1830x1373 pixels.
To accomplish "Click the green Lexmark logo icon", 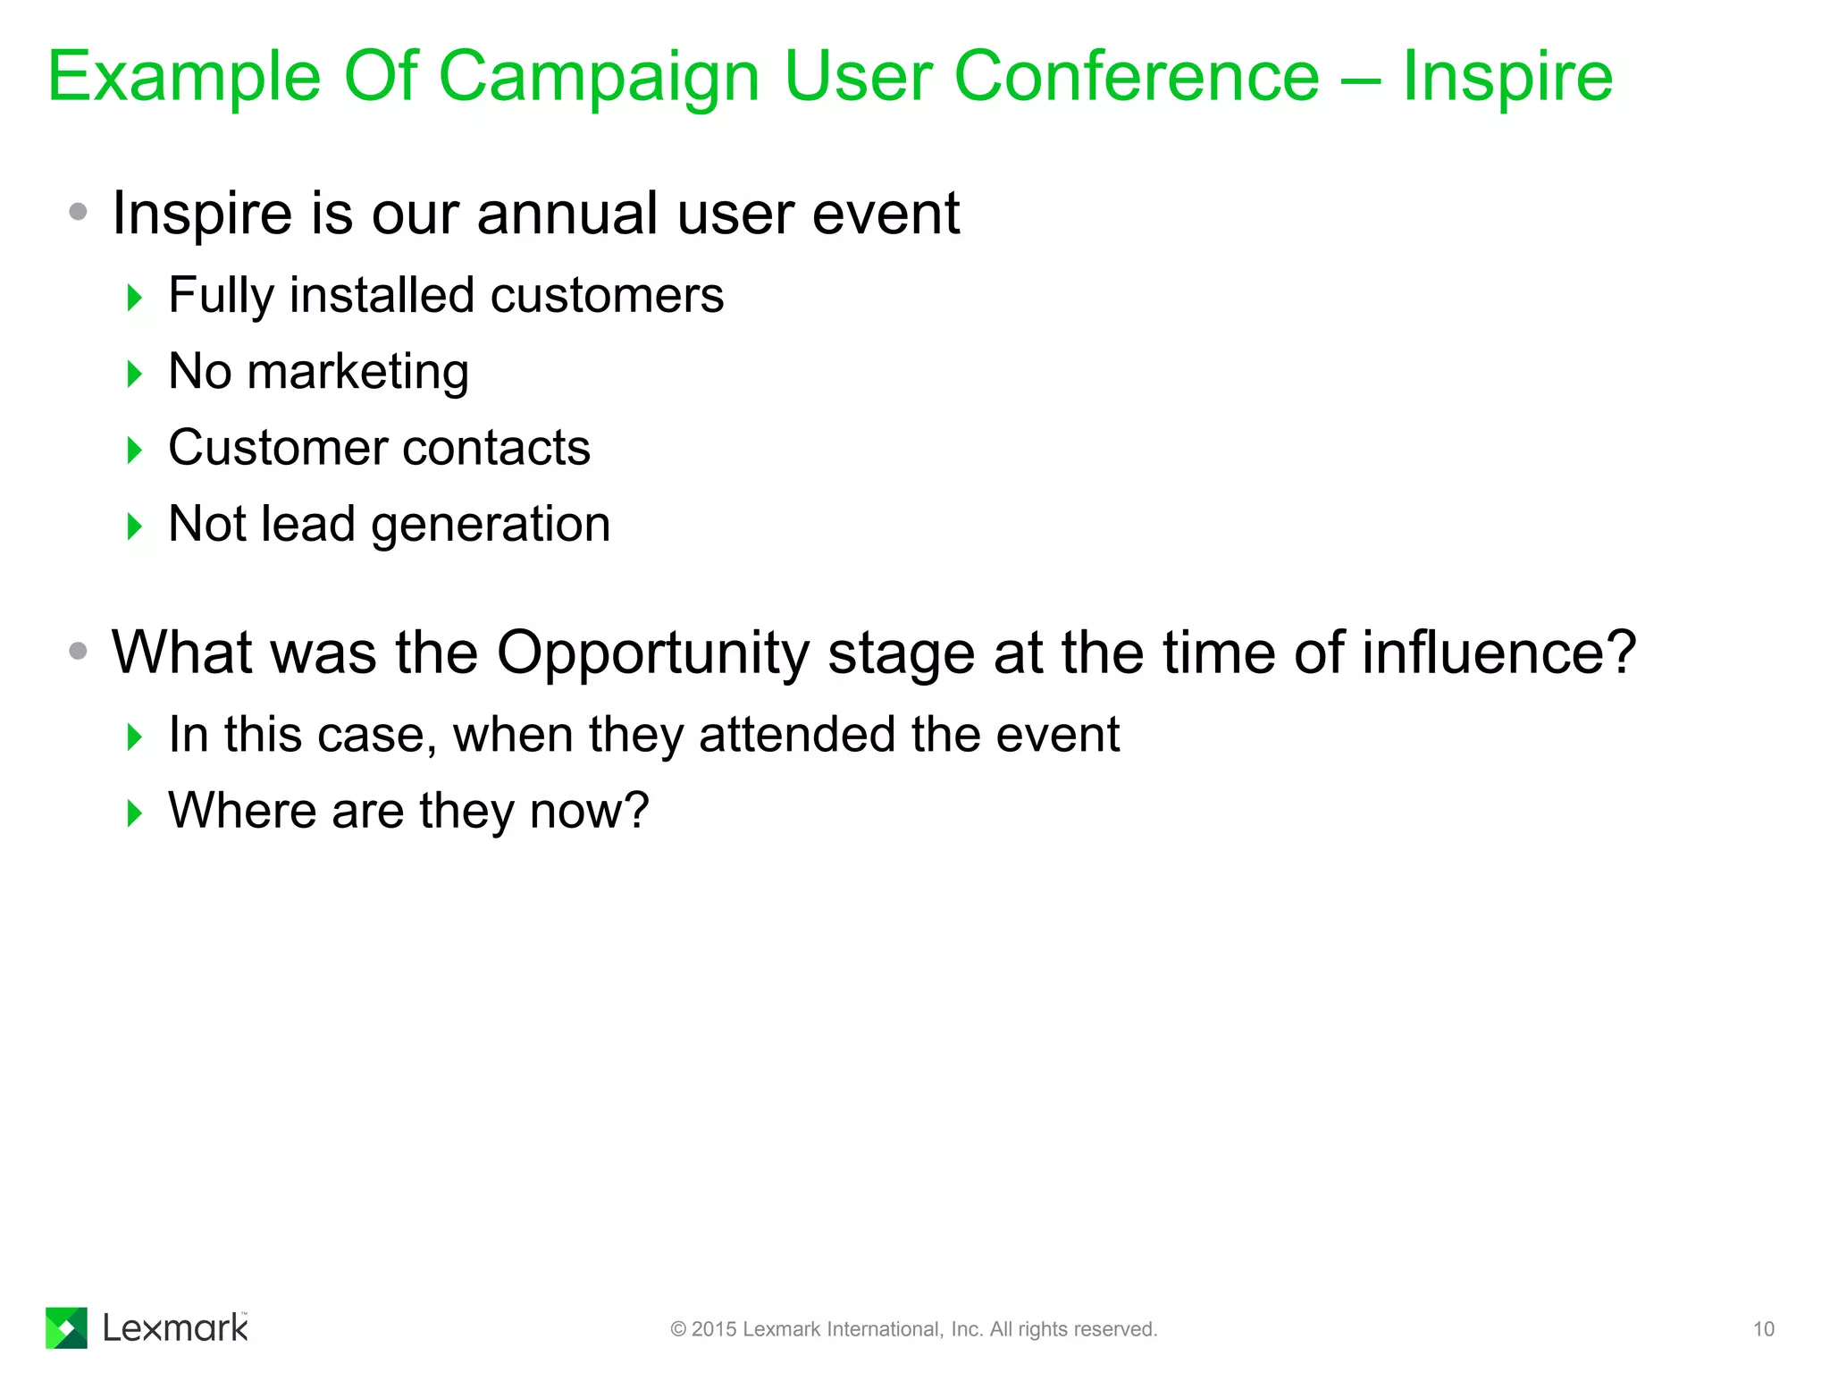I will tap(66, 1327).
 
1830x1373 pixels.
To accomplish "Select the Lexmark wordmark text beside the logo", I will tap(175, 1328).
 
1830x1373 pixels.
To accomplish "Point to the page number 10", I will tap(1763, 1329).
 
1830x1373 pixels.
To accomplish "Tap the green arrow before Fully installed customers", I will tap(135, 298).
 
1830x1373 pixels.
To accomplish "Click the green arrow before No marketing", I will tap(135, 374).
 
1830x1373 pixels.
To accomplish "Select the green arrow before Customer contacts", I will tap(135, 450).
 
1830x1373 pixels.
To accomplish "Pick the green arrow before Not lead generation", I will tap(135, 526).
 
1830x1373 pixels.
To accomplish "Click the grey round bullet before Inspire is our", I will tap(79, 212).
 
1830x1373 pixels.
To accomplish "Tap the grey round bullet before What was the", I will tap(79, 651).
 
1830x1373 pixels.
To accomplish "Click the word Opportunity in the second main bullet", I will tap(653, 654).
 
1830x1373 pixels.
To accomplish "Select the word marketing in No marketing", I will tap(357, 373).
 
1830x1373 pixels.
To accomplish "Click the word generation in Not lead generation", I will tap(491, 525).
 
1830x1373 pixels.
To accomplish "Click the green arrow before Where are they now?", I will tap(135, 813).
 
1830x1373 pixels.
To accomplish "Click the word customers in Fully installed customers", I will tap(607, 296).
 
